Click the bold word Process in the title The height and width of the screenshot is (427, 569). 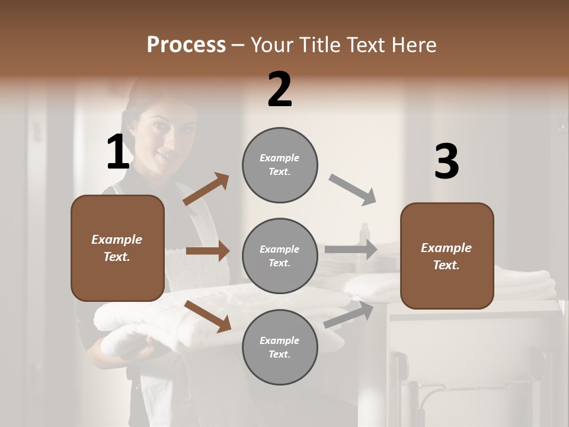click(x=186, y=44)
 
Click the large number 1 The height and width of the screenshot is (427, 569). click(x=118, y=152)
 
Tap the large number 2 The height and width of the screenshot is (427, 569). click(x=280, y=90)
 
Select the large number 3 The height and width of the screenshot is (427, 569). click(x=446, y=162)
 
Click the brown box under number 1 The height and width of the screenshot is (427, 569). click(x=117, y=248)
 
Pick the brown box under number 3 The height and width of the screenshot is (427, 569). click(x=447, y=256)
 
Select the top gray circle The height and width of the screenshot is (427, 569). click(x=280, y=165)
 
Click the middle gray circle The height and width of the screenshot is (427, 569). click(x=280, y=256)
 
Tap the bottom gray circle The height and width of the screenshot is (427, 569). click(x=280, y=347)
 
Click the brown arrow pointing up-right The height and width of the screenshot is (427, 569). click(x=206, y=189)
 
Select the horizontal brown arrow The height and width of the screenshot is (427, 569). click(x=207, y=251)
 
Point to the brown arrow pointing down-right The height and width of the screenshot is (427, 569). click(x=207, y=316)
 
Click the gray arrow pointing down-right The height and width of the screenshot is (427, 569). click(x=353, y=190)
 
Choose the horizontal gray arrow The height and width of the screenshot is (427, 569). click(x=351, y=250)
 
